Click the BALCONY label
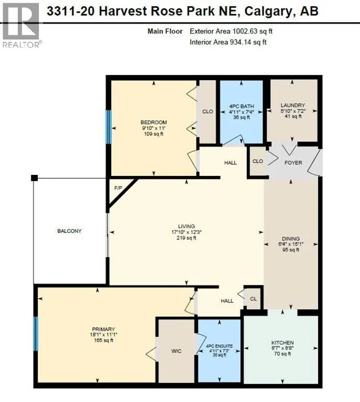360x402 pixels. click(x=69, y=231)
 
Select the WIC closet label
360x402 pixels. click(x=177, y=351)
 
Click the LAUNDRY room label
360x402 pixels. click(x=292, y=105)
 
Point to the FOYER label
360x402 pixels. click(x=293, y=163)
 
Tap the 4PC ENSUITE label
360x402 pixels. click(x=219, y=347)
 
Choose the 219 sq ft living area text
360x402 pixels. click(x=186, y=238)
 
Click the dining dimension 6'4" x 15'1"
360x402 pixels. click(x=291, y=243)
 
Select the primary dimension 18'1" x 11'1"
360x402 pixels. click(x=102, y=335)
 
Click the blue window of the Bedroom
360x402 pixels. click(x=108, y=127)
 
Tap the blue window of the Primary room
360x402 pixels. click(x=36, y=333)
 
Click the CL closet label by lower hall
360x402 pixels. click(x=253, y=298)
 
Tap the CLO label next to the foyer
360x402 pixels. click(x=257, y=162)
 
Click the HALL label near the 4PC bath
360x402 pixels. click(x=231, y=163)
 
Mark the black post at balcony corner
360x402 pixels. click(x=34, y=178)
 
